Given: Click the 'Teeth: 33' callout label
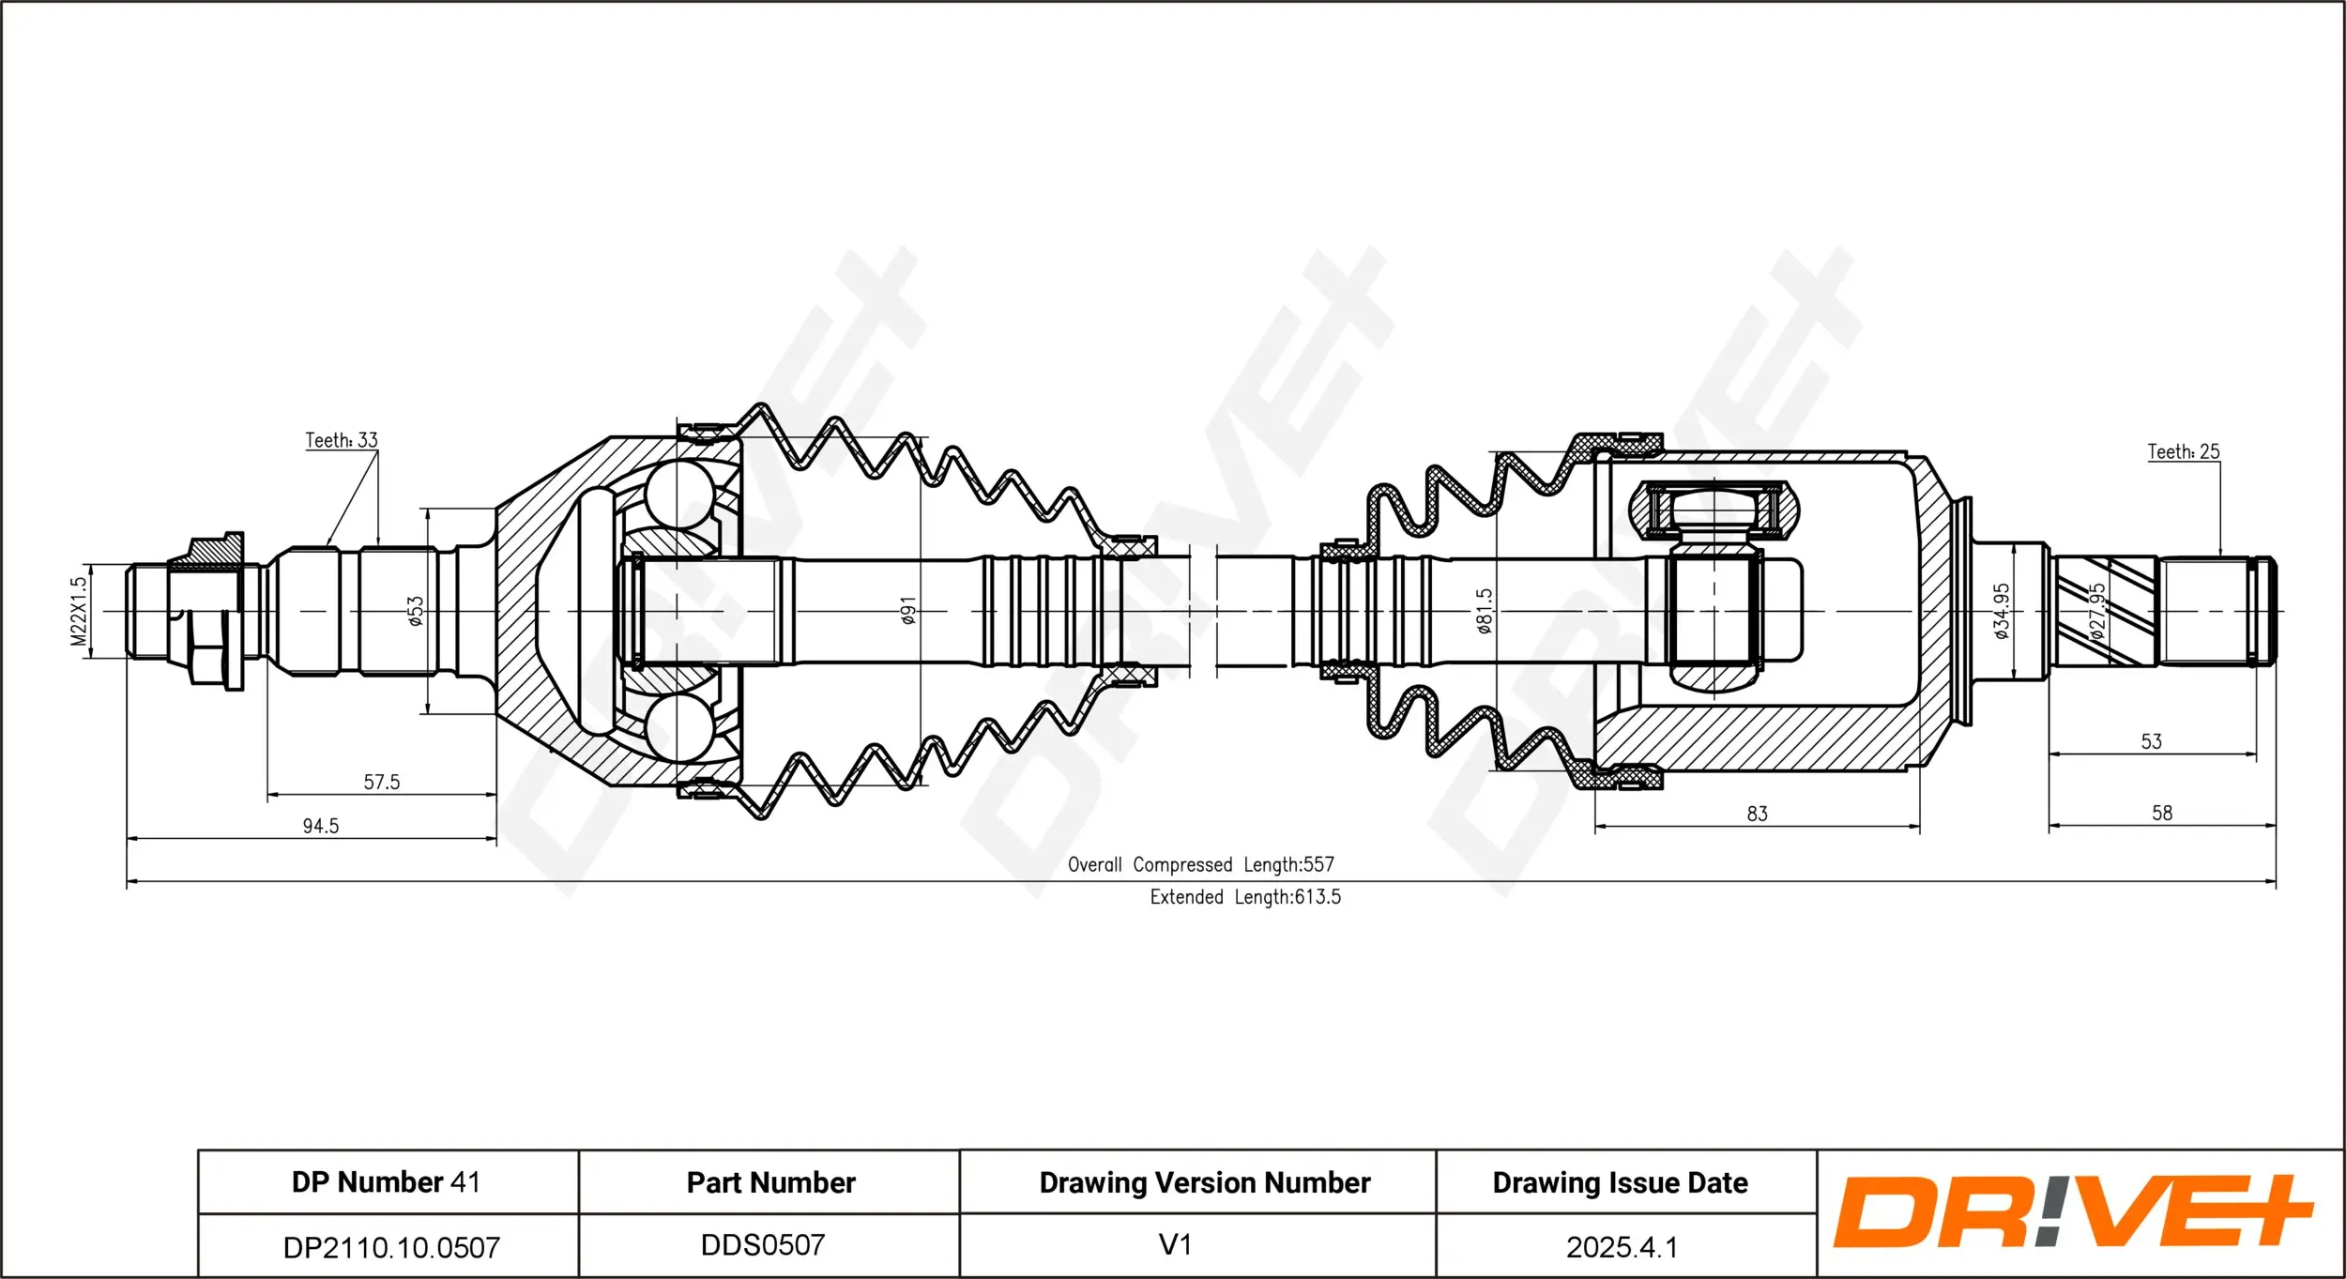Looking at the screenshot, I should pyautogui.click(x=342, y=440).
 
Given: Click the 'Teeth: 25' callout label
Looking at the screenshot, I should pyautogui.click(x=2184, y=451).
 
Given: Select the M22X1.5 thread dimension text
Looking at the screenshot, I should pyautogui.click(x=79, y=611).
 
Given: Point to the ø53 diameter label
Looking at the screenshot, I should pyautogui.click(x=416, y=611).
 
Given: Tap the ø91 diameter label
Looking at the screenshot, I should pyautogui.click(x=907, y=611).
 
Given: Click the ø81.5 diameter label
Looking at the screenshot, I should pyautogui.click(x=1484, y=612).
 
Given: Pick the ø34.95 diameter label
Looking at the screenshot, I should pyautogui.click(x=2001, y=612).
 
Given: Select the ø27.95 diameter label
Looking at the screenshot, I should pyautogui.click(x=2098, y=612).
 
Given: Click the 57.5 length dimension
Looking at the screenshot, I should pyautogui.click(x=381, y=782).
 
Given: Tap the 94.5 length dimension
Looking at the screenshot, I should pyautogui.click(x=320, y=826).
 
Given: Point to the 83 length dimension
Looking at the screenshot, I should pyautogui.click(x=1757, y=814).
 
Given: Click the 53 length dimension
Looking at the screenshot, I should pyautogui.click(x=2151, y=741).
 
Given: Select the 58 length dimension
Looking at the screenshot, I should pyautogui.click(x=2161, y=813).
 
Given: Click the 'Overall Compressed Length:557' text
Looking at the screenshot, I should pyautogui.click(x=1200, y=864).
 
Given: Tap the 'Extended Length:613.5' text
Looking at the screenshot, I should pyautogui.click(x=1245, y=897).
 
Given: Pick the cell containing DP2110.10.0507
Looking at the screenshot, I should pyautogui.click(x=391, y=1247).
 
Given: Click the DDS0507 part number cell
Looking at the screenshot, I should pyautogui.click(x=763, y=1245).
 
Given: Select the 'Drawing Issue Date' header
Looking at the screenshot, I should pyautogui.click(x=1620, y=1182).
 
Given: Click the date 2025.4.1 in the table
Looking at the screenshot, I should pyautogui.click(x=1621, y=1247).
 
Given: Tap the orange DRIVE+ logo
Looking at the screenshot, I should pyautogui.click(x=2072, y=1211).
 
